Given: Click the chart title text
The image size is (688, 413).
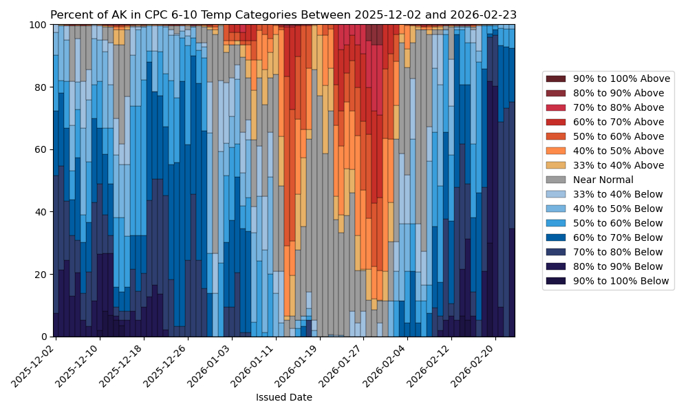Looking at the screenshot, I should [283, 15].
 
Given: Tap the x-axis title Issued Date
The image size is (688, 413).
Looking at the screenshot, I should [283, 397].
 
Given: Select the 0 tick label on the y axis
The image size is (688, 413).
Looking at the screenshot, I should [44, 337].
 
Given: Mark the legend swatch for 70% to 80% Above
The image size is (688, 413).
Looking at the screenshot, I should [556, 107].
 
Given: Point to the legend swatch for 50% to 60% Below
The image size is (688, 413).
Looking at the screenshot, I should [556, 223].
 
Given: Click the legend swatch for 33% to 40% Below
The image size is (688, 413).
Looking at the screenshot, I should [556, 194].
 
